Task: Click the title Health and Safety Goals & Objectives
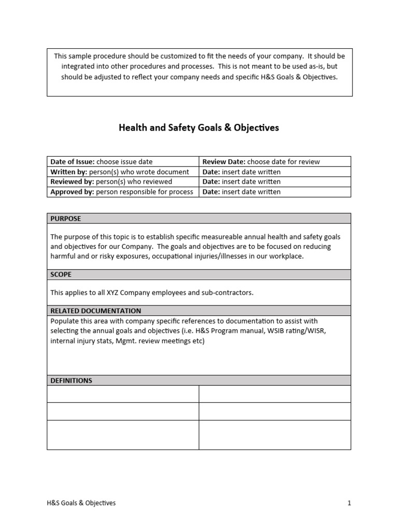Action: pyautogui.click(x=199, y=128)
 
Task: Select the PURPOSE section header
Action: pyautogui.click(x=65, y=218)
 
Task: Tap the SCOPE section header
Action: pyautogui.click(x=61, y=274)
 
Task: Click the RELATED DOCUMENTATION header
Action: pyautogui.click(x=95, y=311)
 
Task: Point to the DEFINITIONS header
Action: pyautogui.click(x=71, y=380)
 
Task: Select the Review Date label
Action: pyautogui.click(x=224, y=161)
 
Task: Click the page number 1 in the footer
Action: pyautogui.click(x=349, y=502)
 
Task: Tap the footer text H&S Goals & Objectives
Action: pyautogui.click(x=81, y=502)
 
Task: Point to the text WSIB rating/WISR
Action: pyautogui.click(x=294, y=331)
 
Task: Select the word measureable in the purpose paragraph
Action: pyautogui.click(x=225, y=236)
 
